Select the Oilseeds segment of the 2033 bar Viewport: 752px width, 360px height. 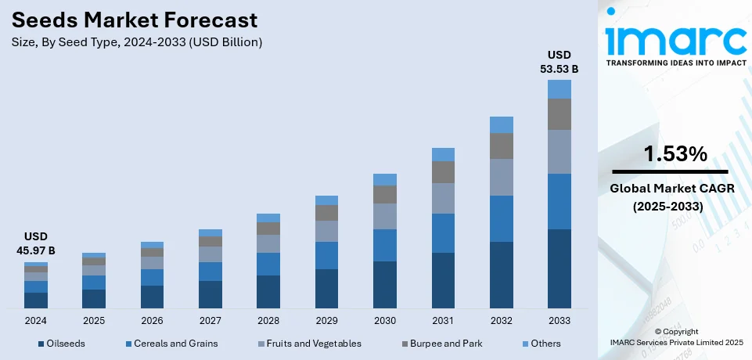tap(559, 268)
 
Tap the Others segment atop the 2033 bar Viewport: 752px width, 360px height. tap(559, 89)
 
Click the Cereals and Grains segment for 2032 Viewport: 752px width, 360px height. tap(501, 218)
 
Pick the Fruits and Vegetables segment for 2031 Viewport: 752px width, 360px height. tap(443, 198)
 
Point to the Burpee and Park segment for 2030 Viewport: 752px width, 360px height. tap(385, 194)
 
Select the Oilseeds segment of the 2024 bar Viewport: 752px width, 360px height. tap(36, 300)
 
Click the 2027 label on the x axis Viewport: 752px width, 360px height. tap(210, 321)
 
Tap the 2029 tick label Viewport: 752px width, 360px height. tap(326, 321)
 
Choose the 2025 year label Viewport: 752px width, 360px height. tap(94, 321)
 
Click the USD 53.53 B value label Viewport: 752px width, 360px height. tap(559, 62)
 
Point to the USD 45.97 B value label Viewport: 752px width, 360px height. tap(36, 243)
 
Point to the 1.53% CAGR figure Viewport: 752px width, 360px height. tap(670, 155)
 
